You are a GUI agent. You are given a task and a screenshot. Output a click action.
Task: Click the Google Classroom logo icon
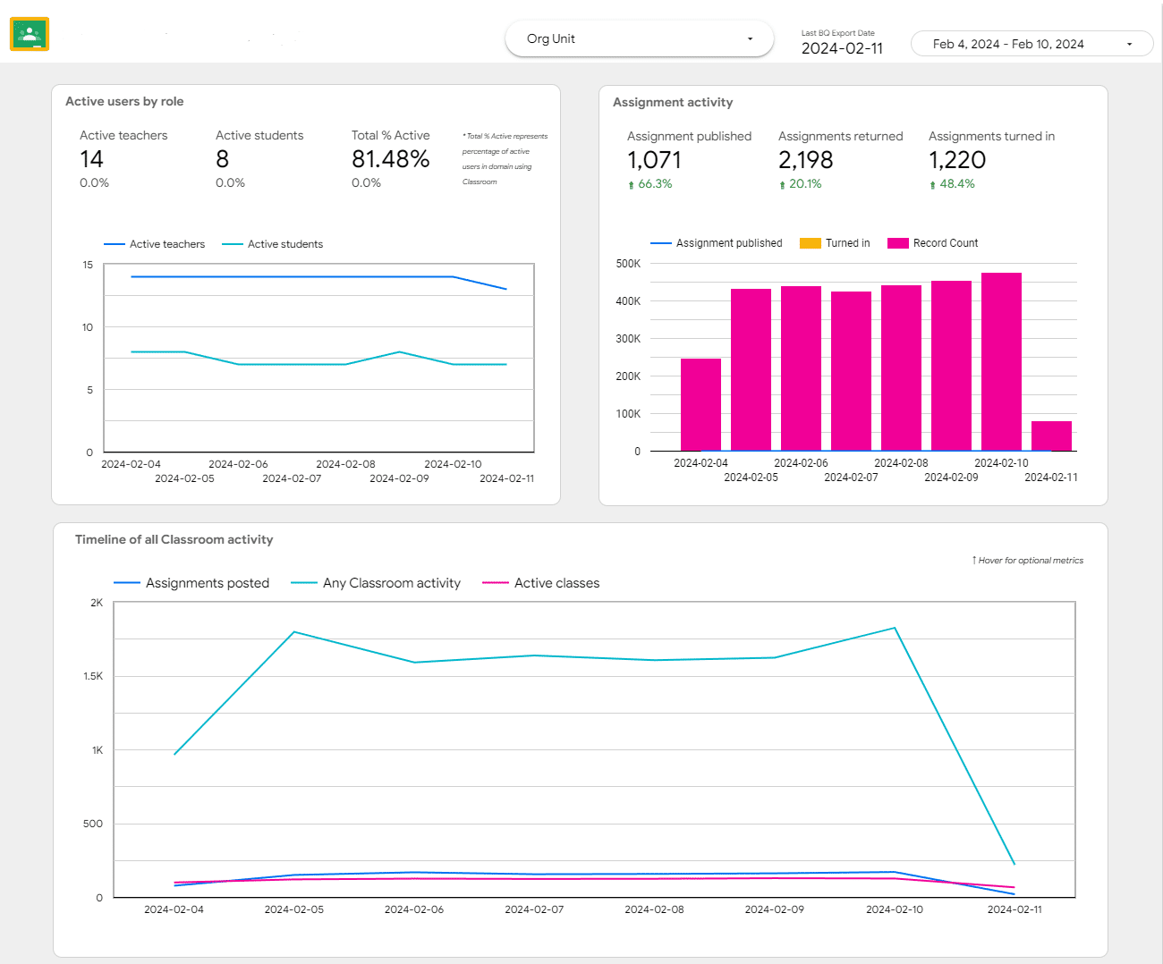30,35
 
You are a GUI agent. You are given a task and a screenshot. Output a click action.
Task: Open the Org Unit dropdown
639,39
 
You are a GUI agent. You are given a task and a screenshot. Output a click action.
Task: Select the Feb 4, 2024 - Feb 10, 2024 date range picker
1031,44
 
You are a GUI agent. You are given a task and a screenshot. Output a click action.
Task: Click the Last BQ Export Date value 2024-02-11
842,48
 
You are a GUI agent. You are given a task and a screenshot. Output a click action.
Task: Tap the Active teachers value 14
91,159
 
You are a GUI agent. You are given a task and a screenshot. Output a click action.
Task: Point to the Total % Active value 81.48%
390,159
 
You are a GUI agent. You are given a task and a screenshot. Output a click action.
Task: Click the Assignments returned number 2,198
805,160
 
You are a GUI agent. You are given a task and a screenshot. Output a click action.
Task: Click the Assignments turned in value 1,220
956,160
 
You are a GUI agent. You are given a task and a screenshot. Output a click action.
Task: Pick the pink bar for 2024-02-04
700,405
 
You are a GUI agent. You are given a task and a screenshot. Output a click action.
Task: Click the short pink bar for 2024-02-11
1051,436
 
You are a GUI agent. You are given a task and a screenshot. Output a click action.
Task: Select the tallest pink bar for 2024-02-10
1001,362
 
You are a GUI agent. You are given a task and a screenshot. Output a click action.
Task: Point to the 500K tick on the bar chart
628,264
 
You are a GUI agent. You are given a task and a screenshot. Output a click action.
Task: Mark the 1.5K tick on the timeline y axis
93,676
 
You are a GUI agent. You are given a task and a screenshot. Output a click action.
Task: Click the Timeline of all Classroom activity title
174,539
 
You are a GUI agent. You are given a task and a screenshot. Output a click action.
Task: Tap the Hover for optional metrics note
1029,561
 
